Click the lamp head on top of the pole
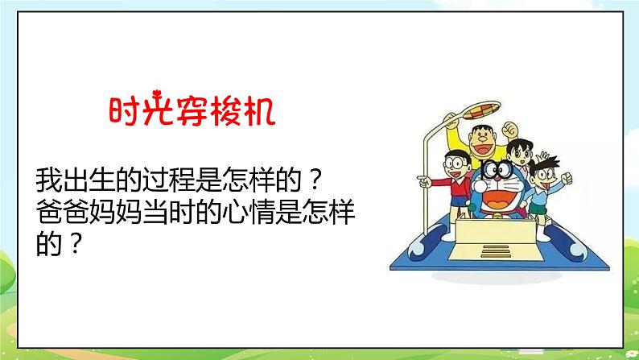click(x=453, y=119)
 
